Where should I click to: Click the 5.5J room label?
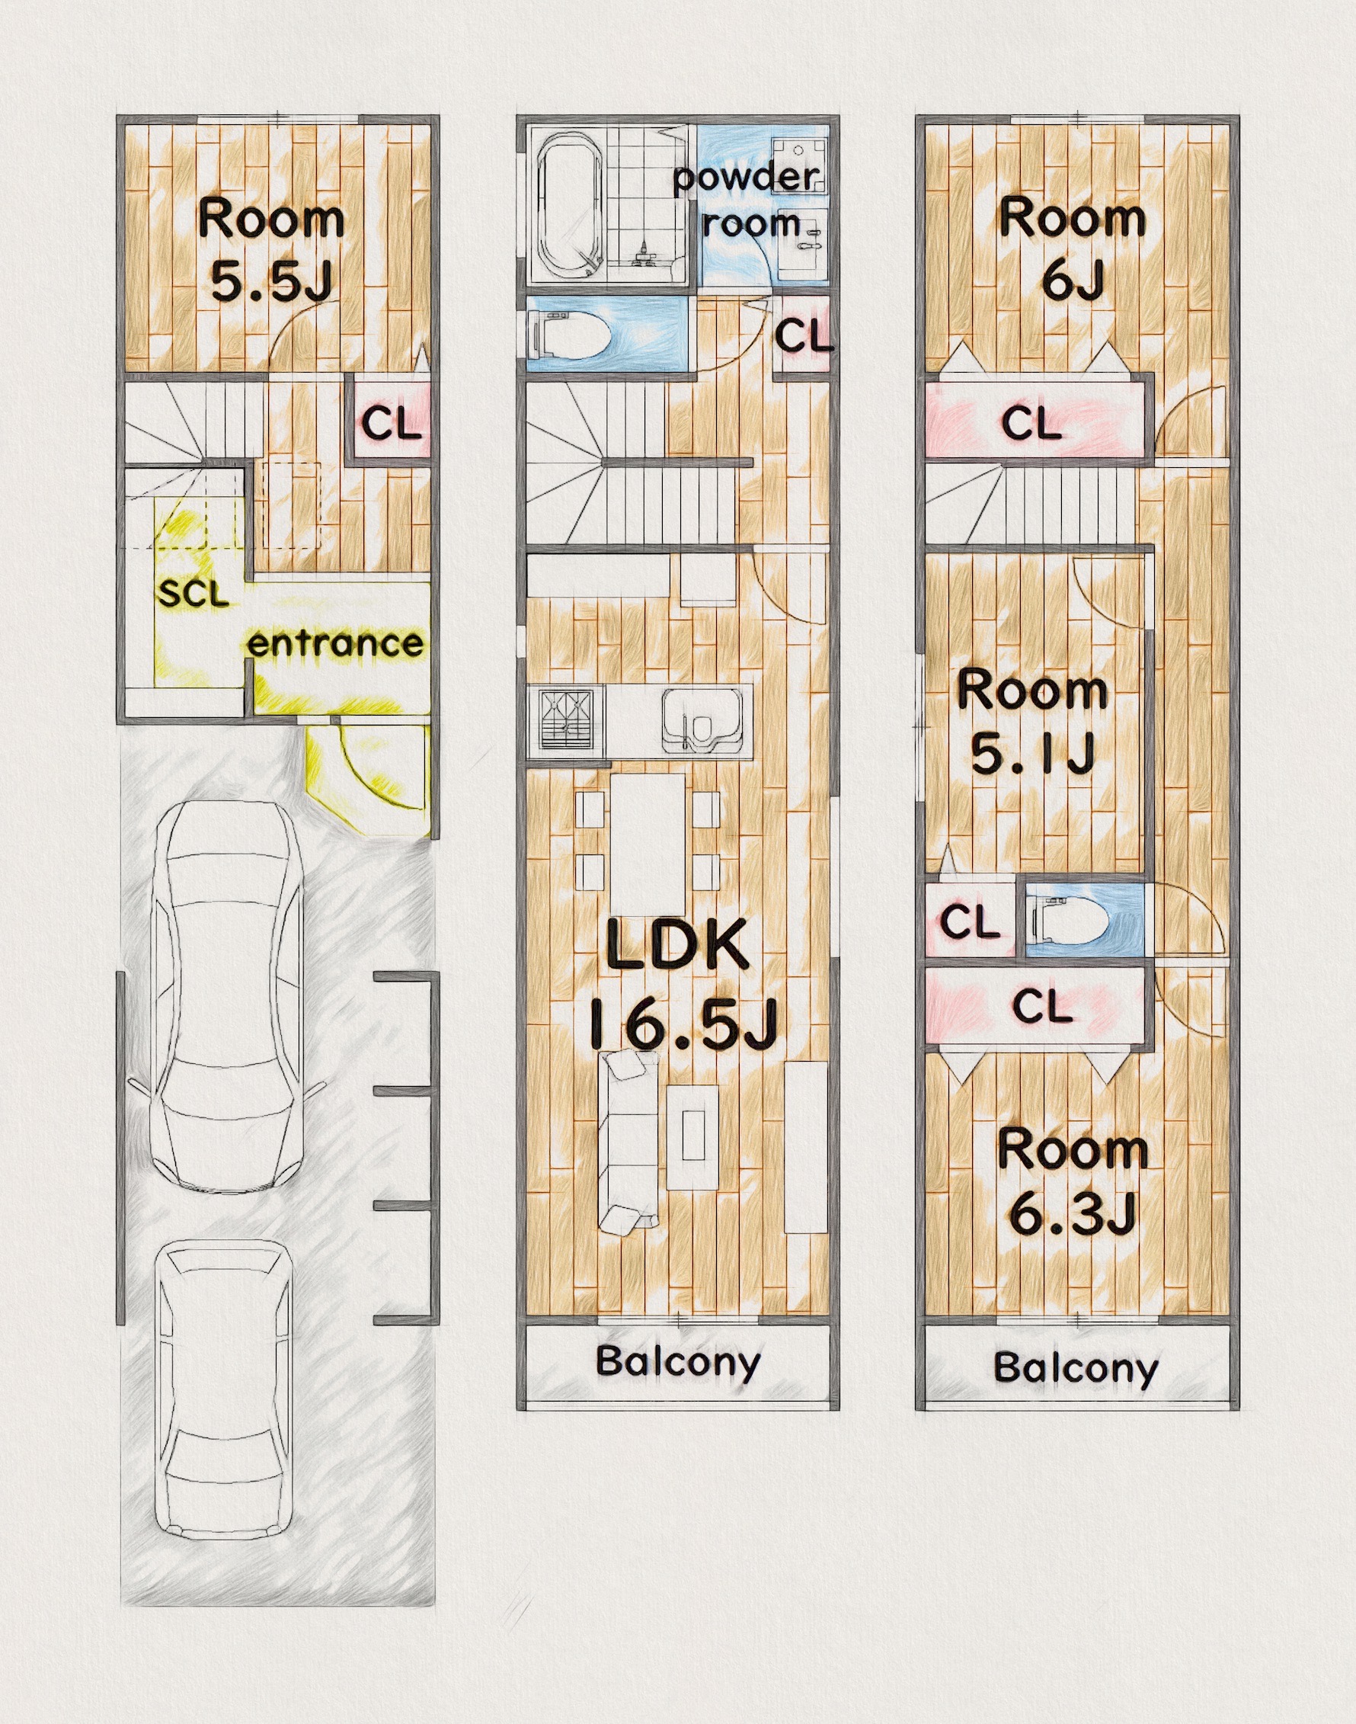[271, 250]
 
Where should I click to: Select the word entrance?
[335, 643]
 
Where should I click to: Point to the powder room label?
[748, 200]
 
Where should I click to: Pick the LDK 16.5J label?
[680, 985]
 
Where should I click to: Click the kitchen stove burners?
[566, 719]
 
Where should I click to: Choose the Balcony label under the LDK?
[678, 1361]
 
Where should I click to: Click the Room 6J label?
[1073, 250]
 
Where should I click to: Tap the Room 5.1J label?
[1032, 722]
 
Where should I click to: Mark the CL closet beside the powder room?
[804, 335]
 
